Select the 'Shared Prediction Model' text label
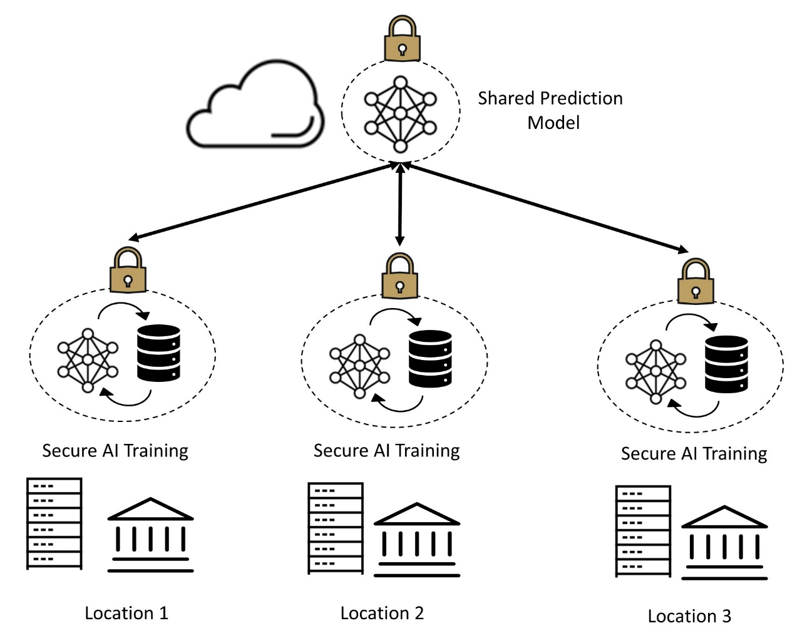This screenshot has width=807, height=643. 550,110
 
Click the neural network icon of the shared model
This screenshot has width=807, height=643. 400,114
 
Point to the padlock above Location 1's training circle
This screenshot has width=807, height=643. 128,270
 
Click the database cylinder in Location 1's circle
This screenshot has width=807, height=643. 158,353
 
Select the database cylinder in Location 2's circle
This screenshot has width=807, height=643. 430,359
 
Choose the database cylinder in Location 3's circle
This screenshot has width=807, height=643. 726,364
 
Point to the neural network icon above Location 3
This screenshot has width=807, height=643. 655,371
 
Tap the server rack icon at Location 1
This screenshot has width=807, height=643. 54,523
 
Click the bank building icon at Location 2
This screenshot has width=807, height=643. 416,539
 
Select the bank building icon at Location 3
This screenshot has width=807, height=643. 724,542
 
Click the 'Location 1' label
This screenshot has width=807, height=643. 126,613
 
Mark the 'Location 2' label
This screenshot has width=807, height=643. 382,613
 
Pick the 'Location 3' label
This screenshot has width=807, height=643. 689,616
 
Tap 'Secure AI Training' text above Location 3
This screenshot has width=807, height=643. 694,453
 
